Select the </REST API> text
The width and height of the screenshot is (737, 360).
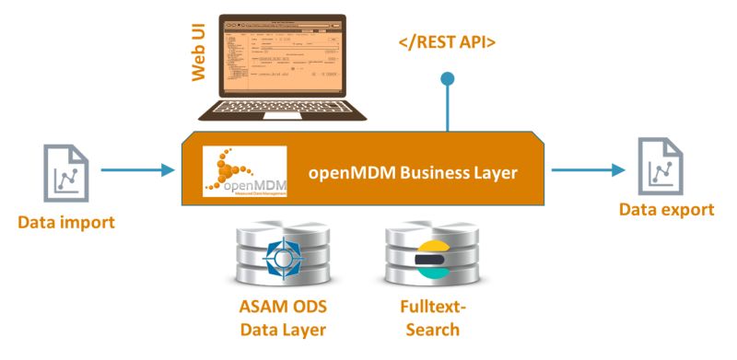[x=448, y=41]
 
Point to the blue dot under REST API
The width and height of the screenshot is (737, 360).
[x=448, y=79]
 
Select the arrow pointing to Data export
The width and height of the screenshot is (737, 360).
[x=588, y=169]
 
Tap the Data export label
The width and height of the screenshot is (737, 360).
[x=666, y=210]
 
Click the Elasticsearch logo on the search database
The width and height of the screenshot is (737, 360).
[x=431, y=261]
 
